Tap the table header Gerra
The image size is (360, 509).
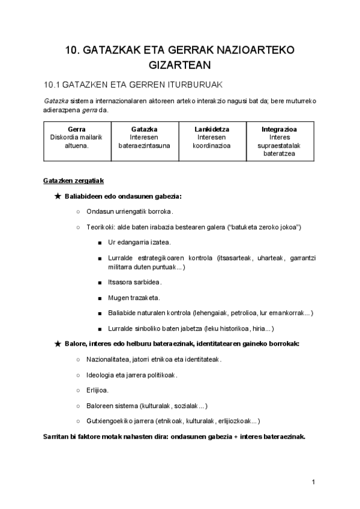coord(76,129)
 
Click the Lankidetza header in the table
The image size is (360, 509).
coord(212,129)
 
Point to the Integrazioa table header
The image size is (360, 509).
coord(279,129)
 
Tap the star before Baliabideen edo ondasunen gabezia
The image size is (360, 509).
coord(57,196)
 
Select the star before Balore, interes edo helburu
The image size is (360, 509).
coord(57,343)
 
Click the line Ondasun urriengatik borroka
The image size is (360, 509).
coord(130,211)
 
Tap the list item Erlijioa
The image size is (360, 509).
coord(97,390)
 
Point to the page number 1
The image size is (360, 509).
coord(313,482)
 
